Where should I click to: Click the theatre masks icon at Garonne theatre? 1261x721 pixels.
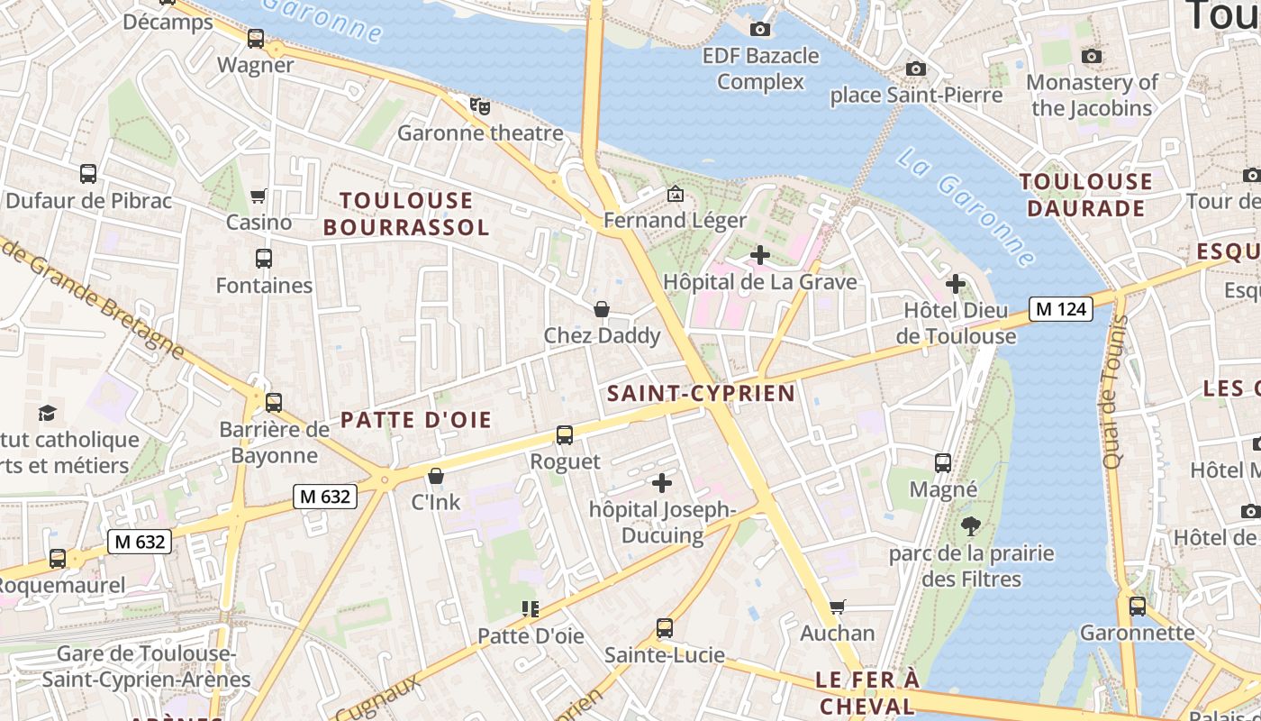click(480, 106)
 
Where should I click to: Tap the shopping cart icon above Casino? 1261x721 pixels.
click(259, 196)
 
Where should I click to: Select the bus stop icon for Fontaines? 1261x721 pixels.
click(264, 259)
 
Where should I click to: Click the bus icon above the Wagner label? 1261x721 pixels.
click(256, 39)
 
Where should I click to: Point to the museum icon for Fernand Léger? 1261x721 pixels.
click(675, 194)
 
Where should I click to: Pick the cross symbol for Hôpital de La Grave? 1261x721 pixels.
click(760, 256)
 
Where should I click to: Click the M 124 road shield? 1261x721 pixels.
click(1061, 309)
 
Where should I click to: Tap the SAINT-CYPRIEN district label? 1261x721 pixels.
click(702, 393)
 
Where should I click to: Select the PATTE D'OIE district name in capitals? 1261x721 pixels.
click(416, 420)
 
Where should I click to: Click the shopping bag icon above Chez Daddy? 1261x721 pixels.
click(602, 310)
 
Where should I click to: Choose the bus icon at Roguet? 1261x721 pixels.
click(565, 435)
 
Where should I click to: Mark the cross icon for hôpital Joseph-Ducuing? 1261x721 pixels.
click(662, 483)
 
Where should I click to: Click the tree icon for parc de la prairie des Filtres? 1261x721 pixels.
click(970, 526)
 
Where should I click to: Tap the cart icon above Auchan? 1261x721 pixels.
click(838, 607)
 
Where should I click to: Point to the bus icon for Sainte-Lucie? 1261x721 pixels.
click(665, 628)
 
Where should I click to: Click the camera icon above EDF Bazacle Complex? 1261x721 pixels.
click(760, 30)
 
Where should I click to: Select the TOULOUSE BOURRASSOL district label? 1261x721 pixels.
click(406, 214)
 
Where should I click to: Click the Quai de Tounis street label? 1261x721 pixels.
click(1113, 392)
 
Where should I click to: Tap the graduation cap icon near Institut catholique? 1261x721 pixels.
click(47, 413)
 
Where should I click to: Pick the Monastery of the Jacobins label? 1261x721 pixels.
click(1092, 95)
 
